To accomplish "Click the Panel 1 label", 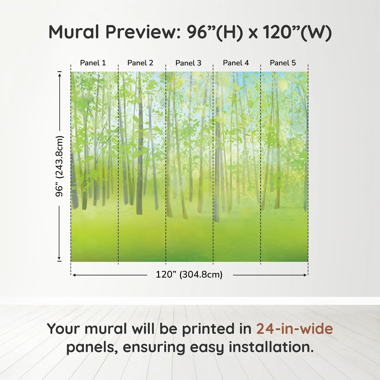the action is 93,63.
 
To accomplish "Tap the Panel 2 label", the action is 140,63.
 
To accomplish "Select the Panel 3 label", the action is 188,63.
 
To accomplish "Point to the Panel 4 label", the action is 236,63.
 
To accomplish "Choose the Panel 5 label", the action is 283,63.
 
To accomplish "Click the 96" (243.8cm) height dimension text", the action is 59,166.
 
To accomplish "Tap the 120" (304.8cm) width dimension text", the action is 189,274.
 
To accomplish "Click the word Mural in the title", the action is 74,32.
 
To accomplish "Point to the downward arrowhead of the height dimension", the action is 59,258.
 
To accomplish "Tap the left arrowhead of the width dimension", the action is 74,275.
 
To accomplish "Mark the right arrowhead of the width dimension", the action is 305,275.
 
